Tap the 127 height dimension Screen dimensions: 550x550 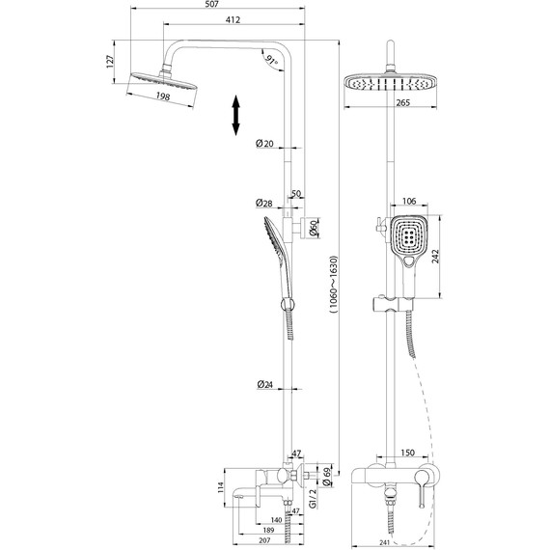[x=110, y=60]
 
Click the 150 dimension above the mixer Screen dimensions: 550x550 [x=407, y=452]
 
